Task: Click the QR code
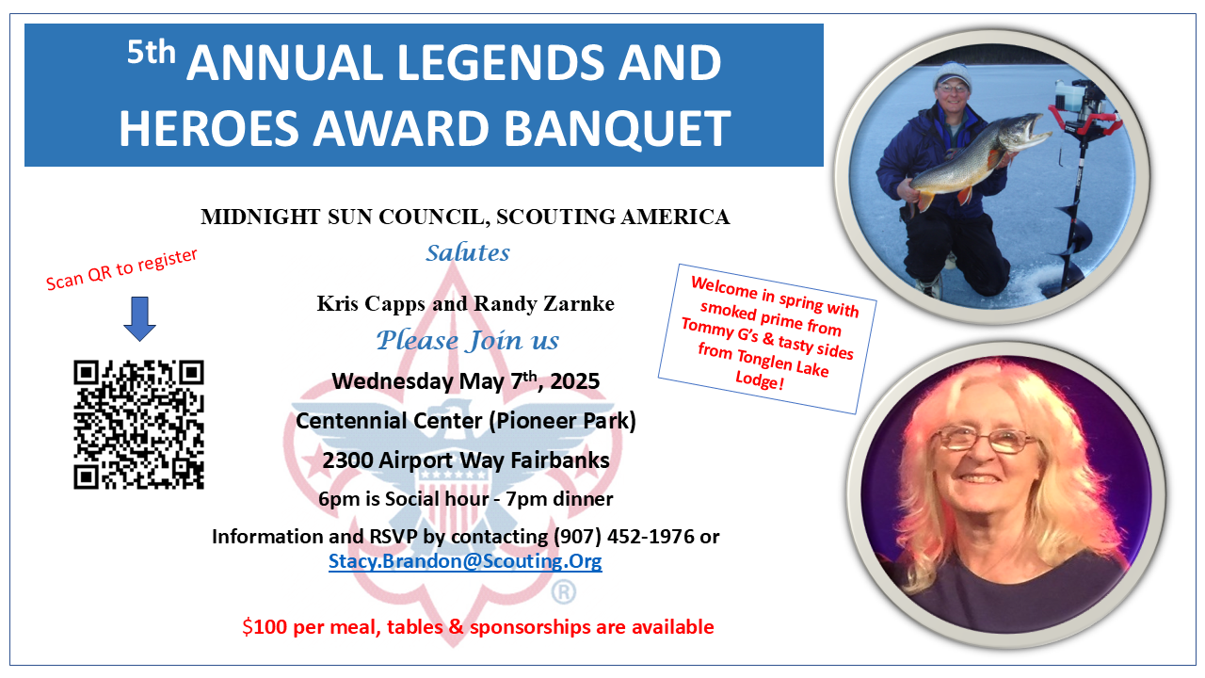pyautogui.click(x=138, y=425)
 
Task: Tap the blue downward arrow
pyautogui.click(x=140, y=318)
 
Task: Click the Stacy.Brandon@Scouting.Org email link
pyautogui.click(x=465, y=561)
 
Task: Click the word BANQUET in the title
pyautogui.click(x=617, y=128)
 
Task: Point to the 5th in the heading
pyautogui.click(x=152, y=53)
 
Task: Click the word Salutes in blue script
pyautogui.click(x=468, y=252)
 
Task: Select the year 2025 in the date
pyautogui.click(x=574, y=381)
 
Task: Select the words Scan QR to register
pyautogui.click(x=121, y=269)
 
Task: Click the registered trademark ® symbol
pyautogui.click(x=563, y=592)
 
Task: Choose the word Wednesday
pyautogui.click(x=393, y=381)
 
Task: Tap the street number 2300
pyautogui.click(x=347, y=460)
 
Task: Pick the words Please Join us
pyautogui.click(x=468, y=340)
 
